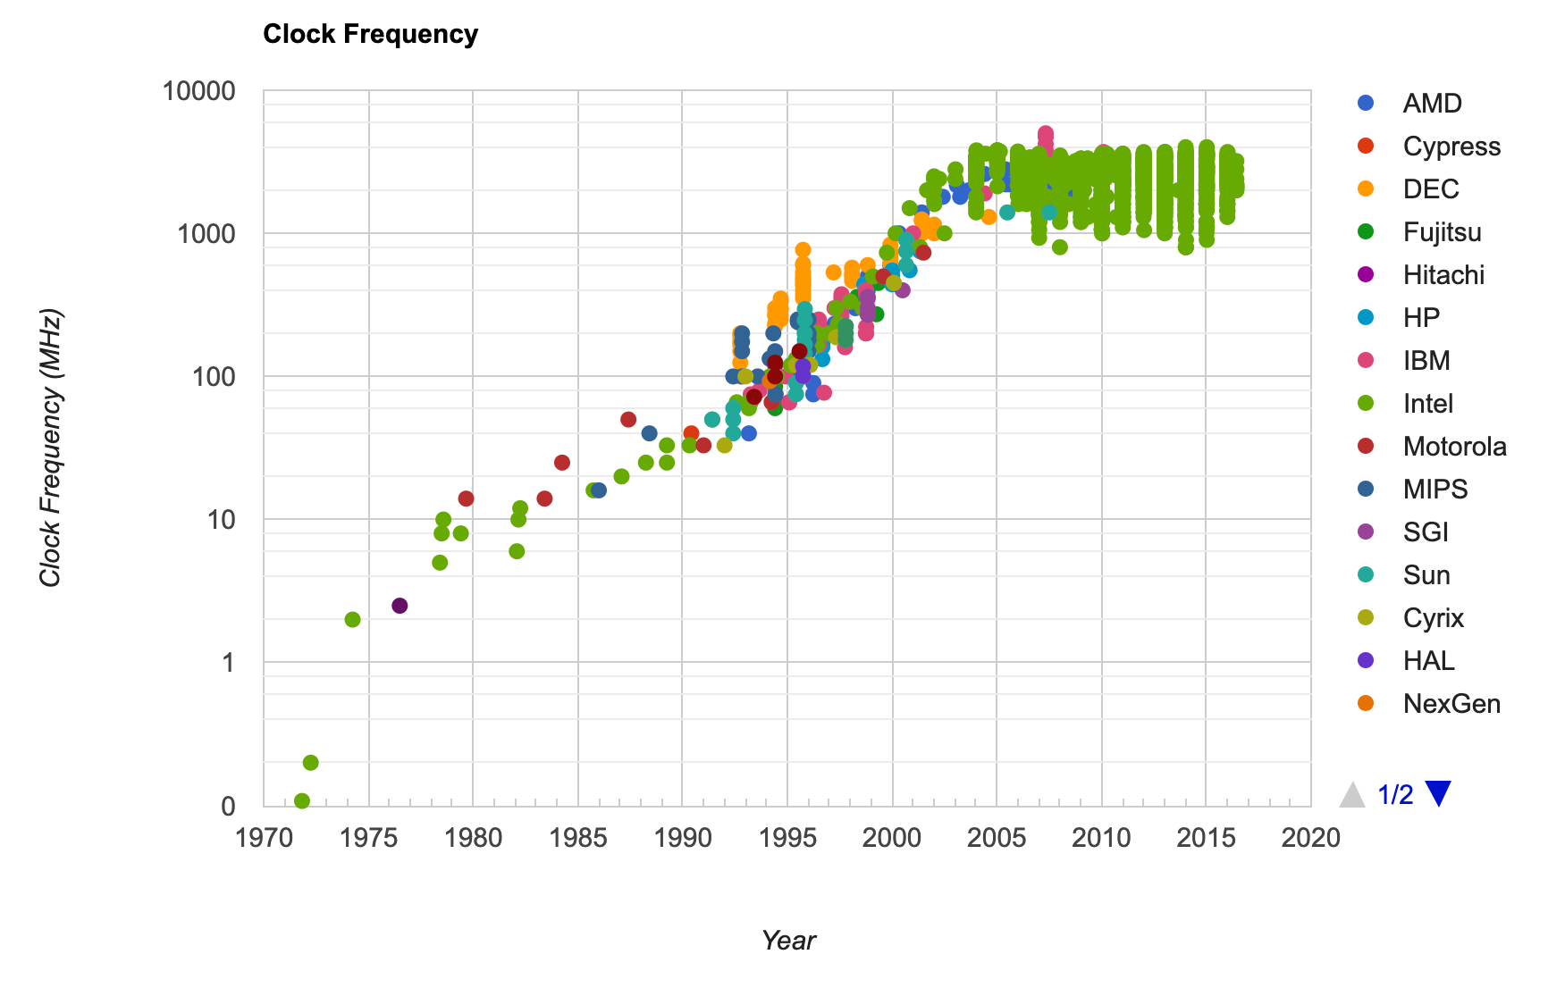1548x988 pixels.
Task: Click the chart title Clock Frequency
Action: pyautogui.click(x=370, y=34)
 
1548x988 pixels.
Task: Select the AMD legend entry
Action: pyautogui.click(x=1431, y=104)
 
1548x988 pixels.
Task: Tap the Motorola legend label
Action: pyautogui.click(x=1454, y=447)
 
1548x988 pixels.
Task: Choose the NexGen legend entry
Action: pyautogui.click(x=1451, y=704)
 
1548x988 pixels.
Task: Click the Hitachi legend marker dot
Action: pyautogui.click(x=1366, y=274)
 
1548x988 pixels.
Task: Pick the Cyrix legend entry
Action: pyautogui.click(x=1433, y=618)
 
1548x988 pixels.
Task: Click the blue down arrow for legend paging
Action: pyautogui.click(x=1438, y=793)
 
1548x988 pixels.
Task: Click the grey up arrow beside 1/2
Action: pyautogui.click(x=1352, y=794)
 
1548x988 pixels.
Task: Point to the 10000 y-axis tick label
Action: pyautogui.click(x=199, y=91)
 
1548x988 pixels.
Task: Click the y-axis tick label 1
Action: pyautogui.click(x=229, y=663)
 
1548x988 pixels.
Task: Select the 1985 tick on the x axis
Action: pyautogui.click(x=578, y=838)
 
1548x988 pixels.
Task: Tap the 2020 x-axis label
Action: pyautogui.click(x=1311, y=838)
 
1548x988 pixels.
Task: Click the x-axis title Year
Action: pyautogui.click(x=788, y=941)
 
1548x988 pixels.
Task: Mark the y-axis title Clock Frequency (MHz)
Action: pyautogui.click(x=50, y=448)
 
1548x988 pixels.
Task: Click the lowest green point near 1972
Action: pyautogui.click(x=302, y=801)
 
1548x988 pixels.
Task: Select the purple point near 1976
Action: pyautogui.click(x=400, y=606)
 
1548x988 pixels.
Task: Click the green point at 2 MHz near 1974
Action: pyautogui.click(x=352, y=620)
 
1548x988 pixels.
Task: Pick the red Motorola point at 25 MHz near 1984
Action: pyautogui.click(x=561, y=463)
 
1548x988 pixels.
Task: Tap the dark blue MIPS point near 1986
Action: pyautogui.click(x=599, y=490)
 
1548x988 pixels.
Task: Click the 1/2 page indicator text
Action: pyautogui.click(x=1395, y=794)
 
